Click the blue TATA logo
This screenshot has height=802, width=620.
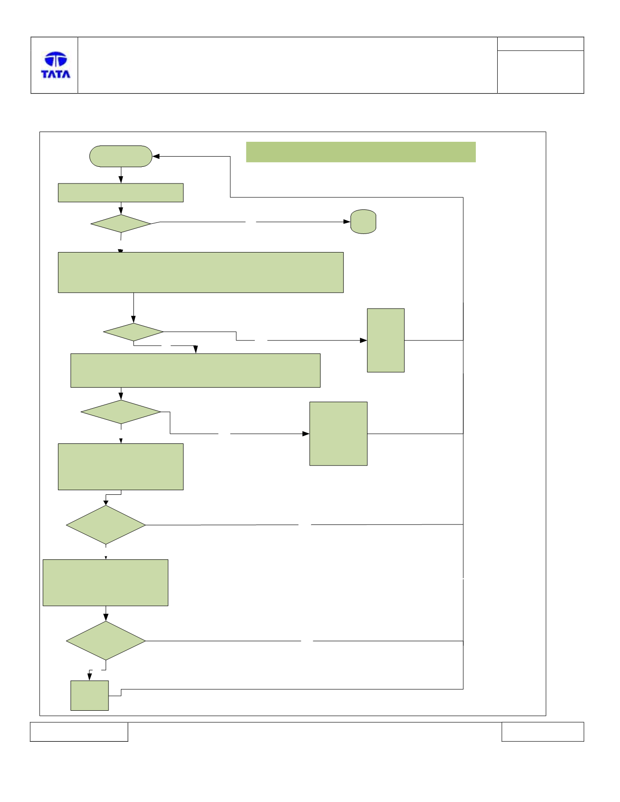coord(56,65)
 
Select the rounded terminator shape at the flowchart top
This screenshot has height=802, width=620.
coord(121,156)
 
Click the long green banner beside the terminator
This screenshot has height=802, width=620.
coord(361,152)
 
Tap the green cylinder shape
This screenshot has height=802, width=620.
coord(363,221)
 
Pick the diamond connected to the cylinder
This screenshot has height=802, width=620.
coord(121,223)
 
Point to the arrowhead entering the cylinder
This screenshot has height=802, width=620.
coord(347,222)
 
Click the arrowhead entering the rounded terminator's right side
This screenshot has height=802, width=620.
coord(156,157)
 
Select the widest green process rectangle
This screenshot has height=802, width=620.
coord(201,272)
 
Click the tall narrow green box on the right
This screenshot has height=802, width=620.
coord(386,340)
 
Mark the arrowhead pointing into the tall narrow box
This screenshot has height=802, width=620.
coord(364,341)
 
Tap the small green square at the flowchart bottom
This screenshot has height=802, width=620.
coord(89,695)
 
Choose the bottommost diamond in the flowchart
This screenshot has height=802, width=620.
coord(106,641)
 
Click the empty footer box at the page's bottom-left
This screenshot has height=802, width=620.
coord(79,732)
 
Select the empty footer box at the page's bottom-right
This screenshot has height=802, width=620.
coord(543,732)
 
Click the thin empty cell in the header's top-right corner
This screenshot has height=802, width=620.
coord(540,44)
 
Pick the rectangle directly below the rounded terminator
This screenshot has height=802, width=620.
coord(120,193)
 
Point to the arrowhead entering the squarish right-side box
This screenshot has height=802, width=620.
coord(306,434)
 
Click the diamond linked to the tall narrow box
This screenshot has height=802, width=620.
coord(133,332)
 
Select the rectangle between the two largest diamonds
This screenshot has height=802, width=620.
coord(106,582)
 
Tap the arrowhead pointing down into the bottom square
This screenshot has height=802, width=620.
coord(90,677)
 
